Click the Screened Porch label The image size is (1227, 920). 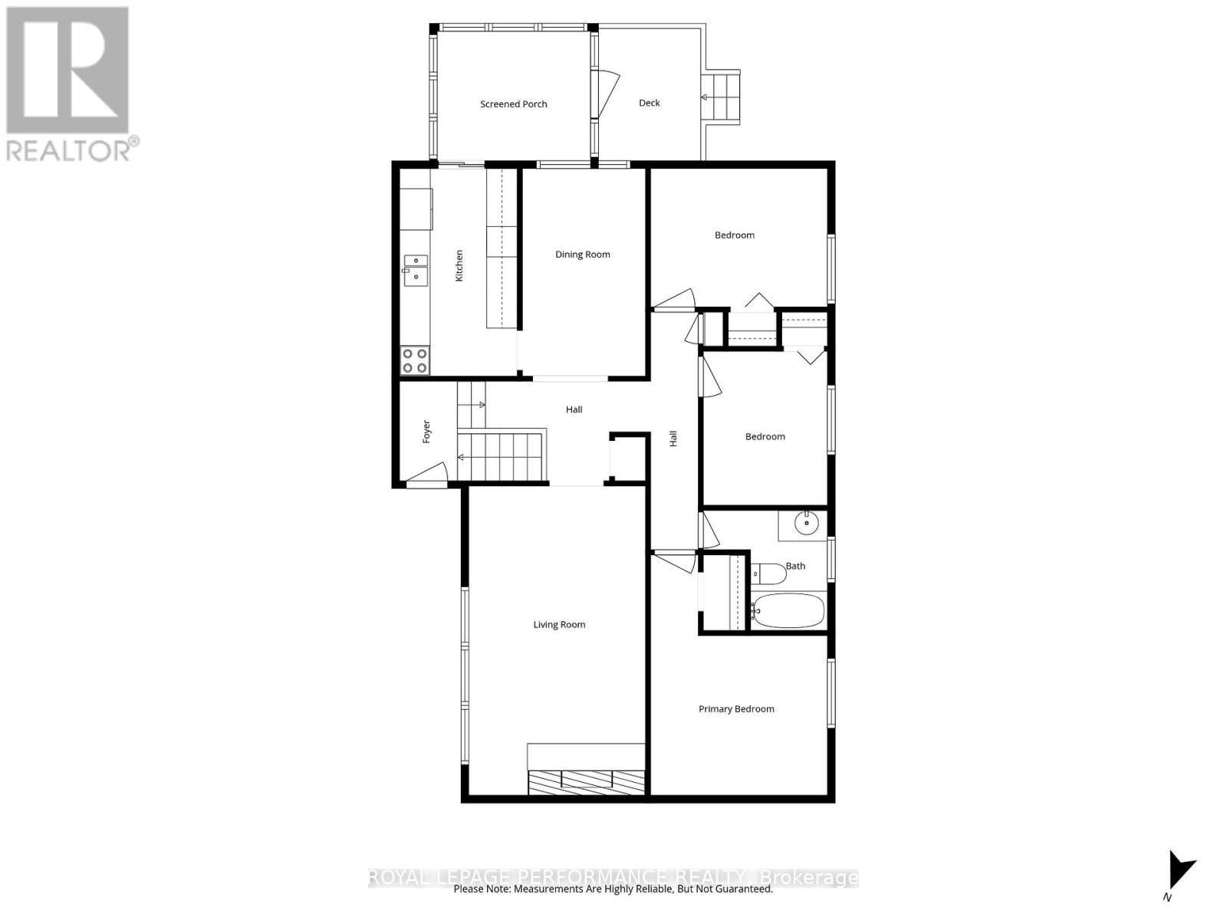pos(513,104)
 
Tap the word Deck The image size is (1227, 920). pos(649,103)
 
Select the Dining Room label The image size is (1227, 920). pos(583,255)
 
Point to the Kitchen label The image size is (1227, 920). pos(459,265)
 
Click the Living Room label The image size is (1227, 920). pos(559,625)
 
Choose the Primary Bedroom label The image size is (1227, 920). pos(736,709)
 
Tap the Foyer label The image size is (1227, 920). pos(426,432)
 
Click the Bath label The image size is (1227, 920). pos(795,567)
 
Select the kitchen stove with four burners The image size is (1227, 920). pos(415,360)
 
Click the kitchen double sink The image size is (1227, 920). pos(415,270)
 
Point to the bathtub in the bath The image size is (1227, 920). pos(788,611)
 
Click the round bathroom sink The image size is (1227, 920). pos(806,524)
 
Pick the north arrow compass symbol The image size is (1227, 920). pos(1179,871)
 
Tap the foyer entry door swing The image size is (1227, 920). pos(428,475)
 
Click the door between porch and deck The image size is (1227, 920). pos(608,92)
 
